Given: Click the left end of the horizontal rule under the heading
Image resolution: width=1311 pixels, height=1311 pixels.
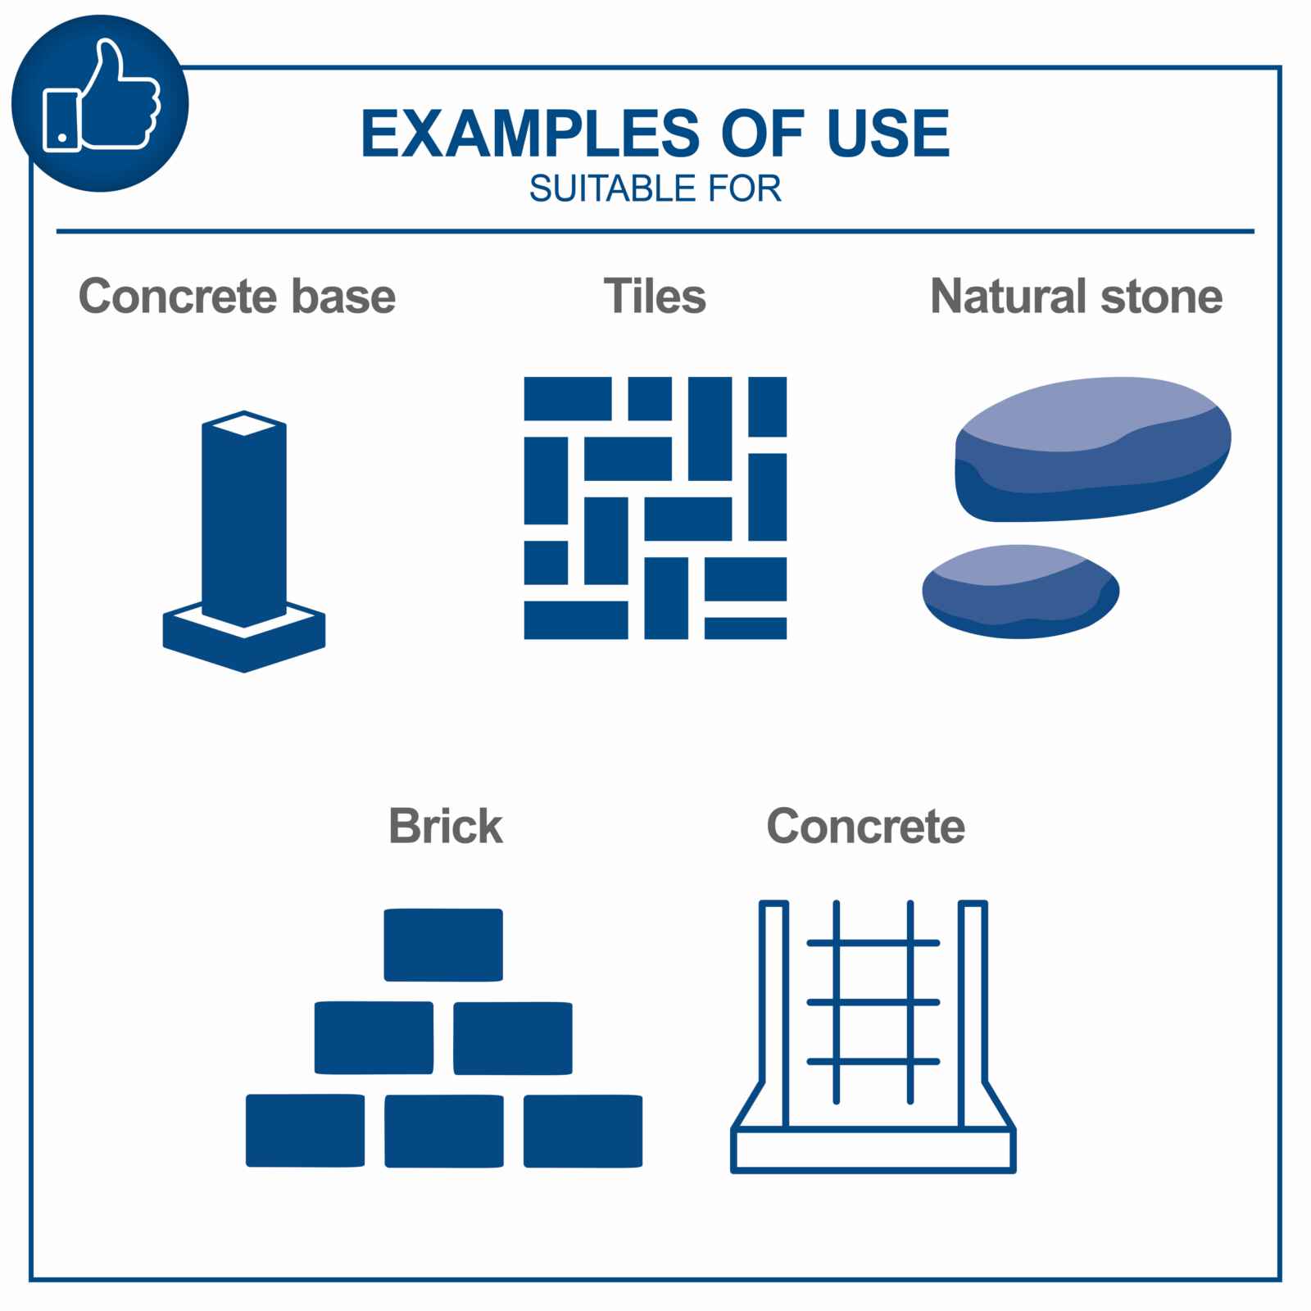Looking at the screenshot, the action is [x=57, y=232].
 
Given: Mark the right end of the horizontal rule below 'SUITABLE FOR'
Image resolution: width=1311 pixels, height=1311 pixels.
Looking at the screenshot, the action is [x=1254, y=232].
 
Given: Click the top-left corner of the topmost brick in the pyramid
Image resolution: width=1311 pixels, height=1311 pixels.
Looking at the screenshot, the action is [x=384, y=909].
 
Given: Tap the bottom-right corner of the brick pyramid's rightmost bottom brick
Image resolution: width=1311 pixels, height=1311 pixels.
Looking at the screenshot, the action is [x=642, y=1167].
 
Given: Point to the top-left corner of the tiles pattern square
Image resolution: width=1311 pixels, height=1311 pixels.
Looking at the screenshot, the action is [x=524, y=377].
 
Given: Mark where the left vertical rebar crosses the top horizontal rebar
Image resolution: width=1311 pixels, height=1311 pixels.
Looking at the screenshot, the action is [x=836, y=943].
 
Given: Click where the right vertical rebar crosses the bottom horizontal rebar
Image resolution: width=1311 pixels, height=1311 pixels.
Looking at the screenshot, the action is [x=910, y=1062].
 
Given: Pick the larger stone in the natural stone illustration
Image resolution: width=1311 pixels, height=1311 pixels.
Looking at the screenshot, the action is [x=1093, y=450].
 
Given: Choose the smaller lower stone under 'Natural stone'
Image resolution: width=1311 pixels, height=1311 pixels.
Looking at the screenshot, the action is [x=1021, y=591].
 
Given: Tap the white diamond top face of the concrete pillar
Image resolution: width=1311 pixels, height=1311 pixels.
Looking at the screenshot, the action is [x=244, y=424].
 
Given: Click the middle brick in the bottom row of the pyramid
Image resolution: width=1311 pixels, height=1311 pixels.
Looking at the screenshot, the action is [x=444, y=1131].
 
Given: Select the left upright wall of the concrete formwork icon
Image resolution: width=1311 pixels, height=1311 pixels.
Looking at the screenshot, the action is [x=774, y=1016].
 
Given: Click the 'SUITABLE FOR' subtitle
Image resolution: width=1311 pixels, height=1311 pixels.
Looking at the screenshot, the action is [x=655, y=189].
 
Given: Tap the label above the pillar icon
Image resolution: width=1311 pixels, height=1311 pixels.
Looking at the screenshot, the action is [x=237, y=296].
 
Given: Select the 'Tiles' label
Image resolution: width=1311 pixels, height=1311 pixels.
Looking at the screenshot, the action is [x=655, y=296].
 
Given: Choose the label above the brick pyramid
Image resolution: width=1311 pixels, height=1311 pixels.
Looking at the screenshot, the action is [x=446, y=826].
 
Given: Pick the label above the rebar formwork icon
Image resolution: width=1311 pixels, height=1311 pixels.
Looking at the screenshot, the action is [x=866, y=826].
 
